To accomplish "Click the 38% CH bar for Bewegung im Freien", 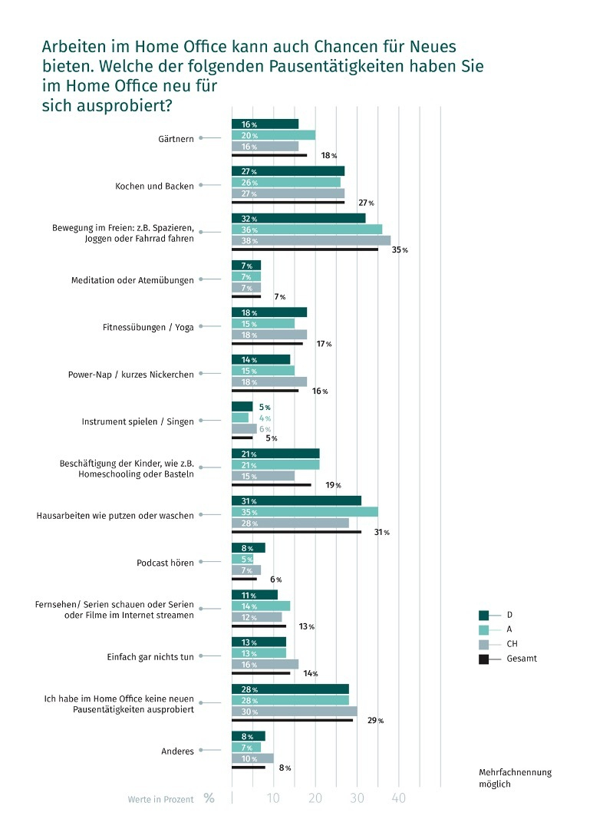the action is pyautogui.click(x=311, y=240).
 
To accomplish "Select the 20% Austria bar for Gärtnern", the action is pyautogui.click(x=273, y=135).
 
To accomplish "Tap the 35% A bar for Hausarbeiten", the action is pyautogui.click(x=305, y=512).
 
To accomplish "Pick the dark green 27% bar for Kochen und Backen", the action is pyautogui.click(x=288, y=170).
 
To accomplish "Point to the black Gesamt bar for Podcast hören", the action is pyautogui.click(x=244, y=579).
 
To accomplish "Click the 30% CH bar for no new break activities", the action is pyautogui.click(x=295, y=712).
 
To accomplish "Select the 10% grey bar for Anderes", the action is pyautogui.click(x=252, y=758).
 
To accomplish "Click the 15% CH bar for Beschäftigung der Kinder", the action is pyautogui.click(x=263, y=476).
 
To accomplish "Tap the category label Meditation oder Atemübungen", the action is pyautogui.click(x=133, y=280).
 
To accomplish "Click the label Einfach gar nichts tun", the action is pyautogui.click(x=150, y=656).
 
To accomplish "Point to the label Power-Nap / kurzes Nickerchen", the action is pyautogui.click(x=131, y=375).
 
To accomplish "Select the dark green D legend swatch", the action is pyautogui.click(x=483, y=615).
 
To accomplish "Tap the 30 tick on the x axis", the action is pyautogui.click(x=358, y=798).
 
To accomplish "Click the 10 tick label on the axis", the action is pyautogui.click(x=273, y=798).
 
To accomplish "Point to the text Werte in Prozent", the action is pyautogui.click(x=160, y=799).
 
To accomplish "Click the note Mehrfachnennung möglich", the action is pyautogui.click(x=516, y=778).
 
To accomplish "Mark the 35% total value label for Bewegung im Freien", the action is pyautogui.click(x=400, y=250).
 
